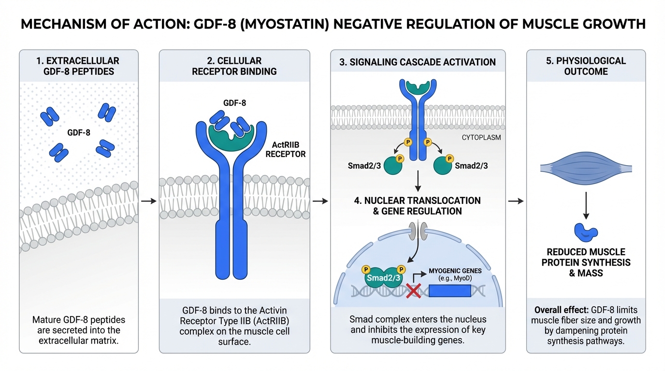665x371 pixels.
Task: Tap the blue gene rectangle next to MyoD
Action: coord(449,291)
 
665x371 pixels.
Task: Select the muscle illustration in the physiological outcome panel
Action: coord(585,168)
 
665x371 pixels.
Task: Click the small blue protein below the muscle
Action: coord(585,232)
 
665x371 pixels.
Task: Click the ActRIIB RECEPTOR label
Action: coord(289,150)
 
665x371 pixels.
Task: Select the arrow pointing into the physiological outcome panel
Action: coord(516,200)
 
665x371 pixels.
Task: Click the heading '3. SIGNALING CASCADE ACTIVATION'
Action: coord(418,62)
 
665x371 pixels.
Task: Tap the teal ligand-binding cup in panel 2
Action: coord(230,131)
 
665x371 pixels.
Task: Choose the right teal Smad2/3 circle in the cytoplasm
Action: coord(443,165)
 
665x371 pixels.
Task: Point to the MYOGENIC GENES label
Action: coord(455,271)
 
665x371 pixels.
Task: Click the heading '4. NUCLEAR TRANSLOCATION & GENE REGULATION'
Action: coord(418,206)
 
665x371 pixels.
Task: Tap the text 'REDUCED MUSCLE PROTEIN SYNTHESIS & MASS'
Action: coord(586,262)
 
